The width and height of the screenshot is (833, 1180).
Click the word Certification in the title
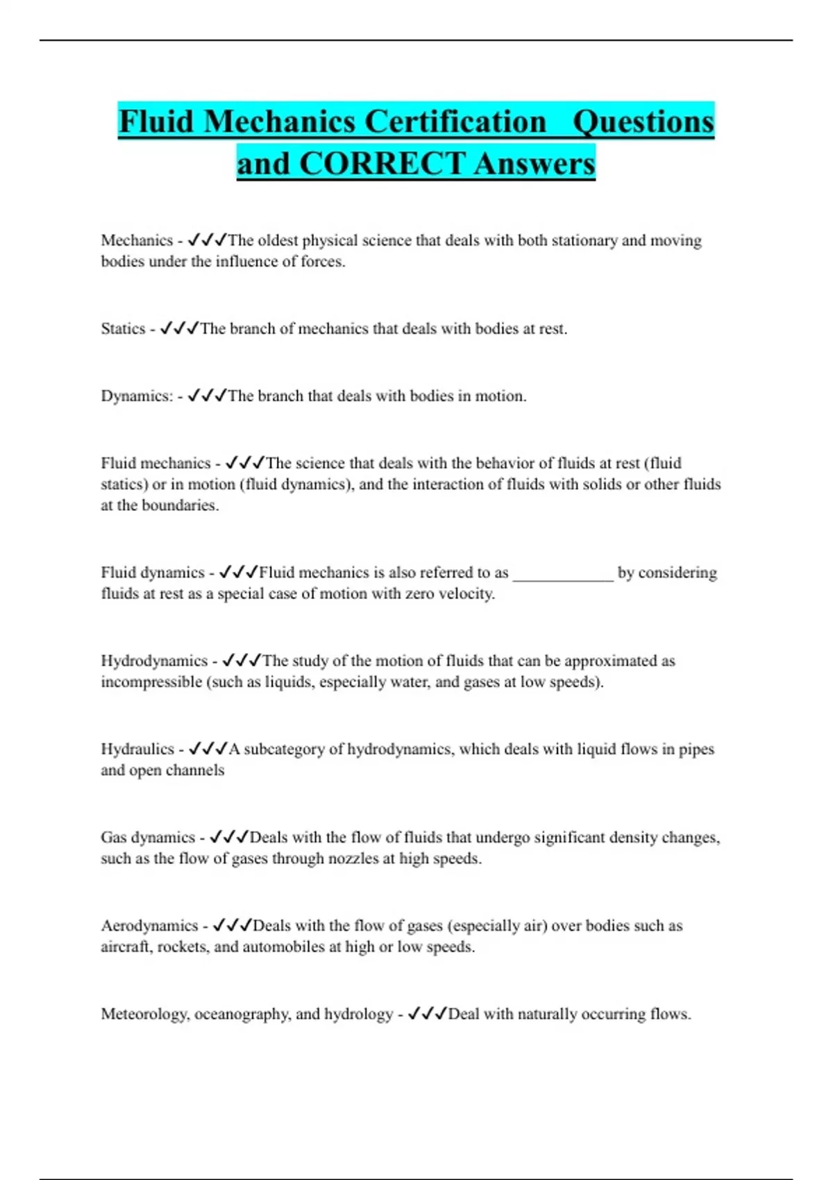pos(455,121)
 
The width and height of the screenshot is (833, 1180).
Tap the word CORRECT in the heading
pos(382,164)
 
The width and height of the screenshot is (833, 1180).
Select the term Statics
pos(123,329)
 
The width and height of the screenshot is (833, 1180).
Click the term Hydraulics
pos(137,749)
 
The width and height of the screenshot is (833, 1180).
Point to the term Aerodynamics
pos(149,926)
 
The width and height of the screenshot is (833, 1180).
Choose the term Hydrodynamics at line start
pos(154,661)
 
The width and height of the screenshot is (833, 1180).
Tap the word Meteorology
pos(144,1014)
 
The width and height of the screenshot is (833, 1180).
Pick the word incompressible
pos(151,682)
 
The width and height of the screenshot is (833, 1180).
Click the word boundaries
pos(180,505)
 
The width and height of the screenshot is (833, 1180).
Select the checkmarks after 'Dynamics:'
pos(207,396)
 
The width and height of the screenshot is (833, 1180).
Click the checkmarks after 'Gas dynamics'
pos(228,837)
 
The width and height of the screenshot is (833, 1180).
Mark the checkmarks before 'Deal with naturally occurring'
pos(427,1014)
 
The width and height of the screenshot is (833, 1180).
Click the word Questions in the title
pos(643,121)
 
